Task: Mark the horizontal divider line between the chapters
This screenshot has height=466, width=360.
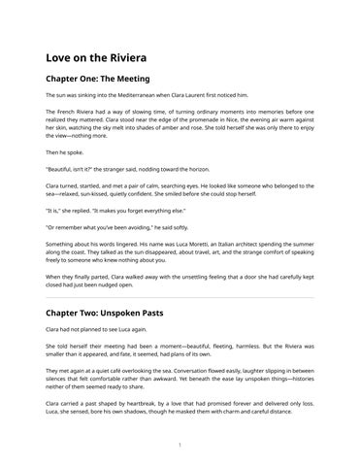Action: (180, 298)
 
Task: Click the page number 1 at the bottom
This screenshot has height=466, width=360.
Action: (180, 445)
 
